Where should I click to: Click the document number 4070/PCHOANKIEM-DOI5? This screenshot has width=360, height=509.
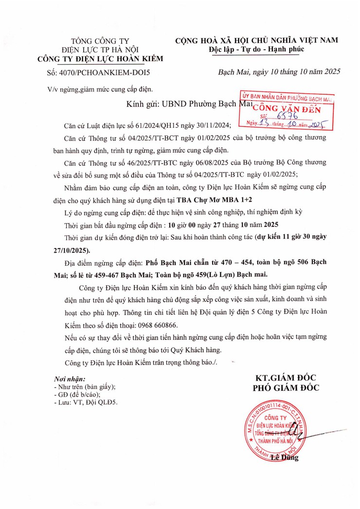(x=108, y=72)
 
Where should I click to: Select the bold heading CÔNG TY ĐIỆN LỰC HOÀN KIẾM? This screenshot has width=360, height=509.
(x=101, y=59)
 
